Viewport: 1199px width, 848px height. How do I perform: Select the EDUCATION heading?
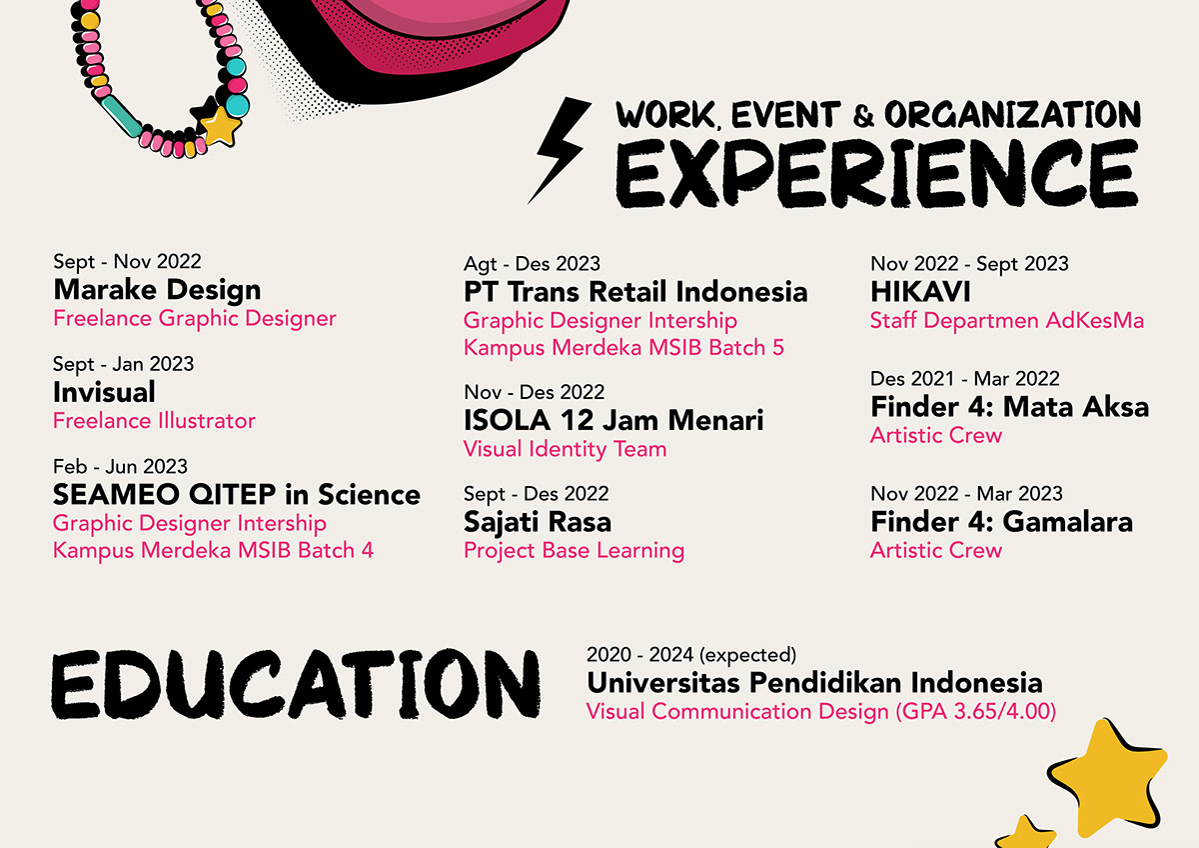tap(296, 685)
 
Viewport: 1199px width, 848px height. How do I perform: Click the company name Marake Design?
tap(158, 290)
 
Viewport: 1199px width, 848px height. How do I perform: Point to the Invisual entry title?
tap(104, 392)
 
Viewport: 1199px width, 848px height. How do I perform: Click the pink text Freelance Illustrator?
tap(154, 421)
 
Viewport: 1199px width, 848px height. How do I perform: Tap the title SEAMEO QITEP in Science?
tap(237, 494)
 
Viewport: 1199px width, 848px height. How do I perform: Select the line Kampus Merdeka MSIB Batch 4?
tap(213, 550)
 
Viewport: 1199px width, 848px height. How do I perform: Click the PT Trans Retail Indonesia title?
tap(635, 292)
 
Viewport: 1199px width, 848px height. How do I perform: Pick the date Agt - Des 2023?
tap(532, 264)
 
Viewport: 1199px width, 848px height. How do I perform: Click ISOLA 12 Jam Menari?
tap(613, 420)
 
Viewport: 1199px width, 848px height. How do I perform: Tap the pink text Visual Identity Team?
tap(566, 449)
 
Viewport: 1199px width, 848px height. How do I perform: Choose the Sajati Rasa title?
tap(538, 522)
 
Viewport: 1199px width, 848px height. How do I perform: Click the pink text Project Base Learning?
tap(574, 551)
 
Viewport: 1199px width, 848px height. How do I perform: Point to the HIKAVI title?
tap(920, 292)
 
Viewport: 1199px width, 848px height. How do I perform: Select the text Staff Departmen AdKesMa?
tap(1007, 320)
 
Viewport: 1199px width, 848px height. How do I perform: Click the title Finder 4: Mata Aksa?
tap(1010, 407)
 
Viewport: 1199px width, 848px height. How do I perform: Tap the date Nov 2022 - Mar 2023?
tap(967, 493)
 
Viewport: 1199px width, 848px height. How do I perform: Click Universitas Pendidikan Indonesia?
tap(814, 683)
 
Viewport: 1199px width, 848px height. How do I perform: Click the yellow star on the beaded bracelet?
tap(220, 126)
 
